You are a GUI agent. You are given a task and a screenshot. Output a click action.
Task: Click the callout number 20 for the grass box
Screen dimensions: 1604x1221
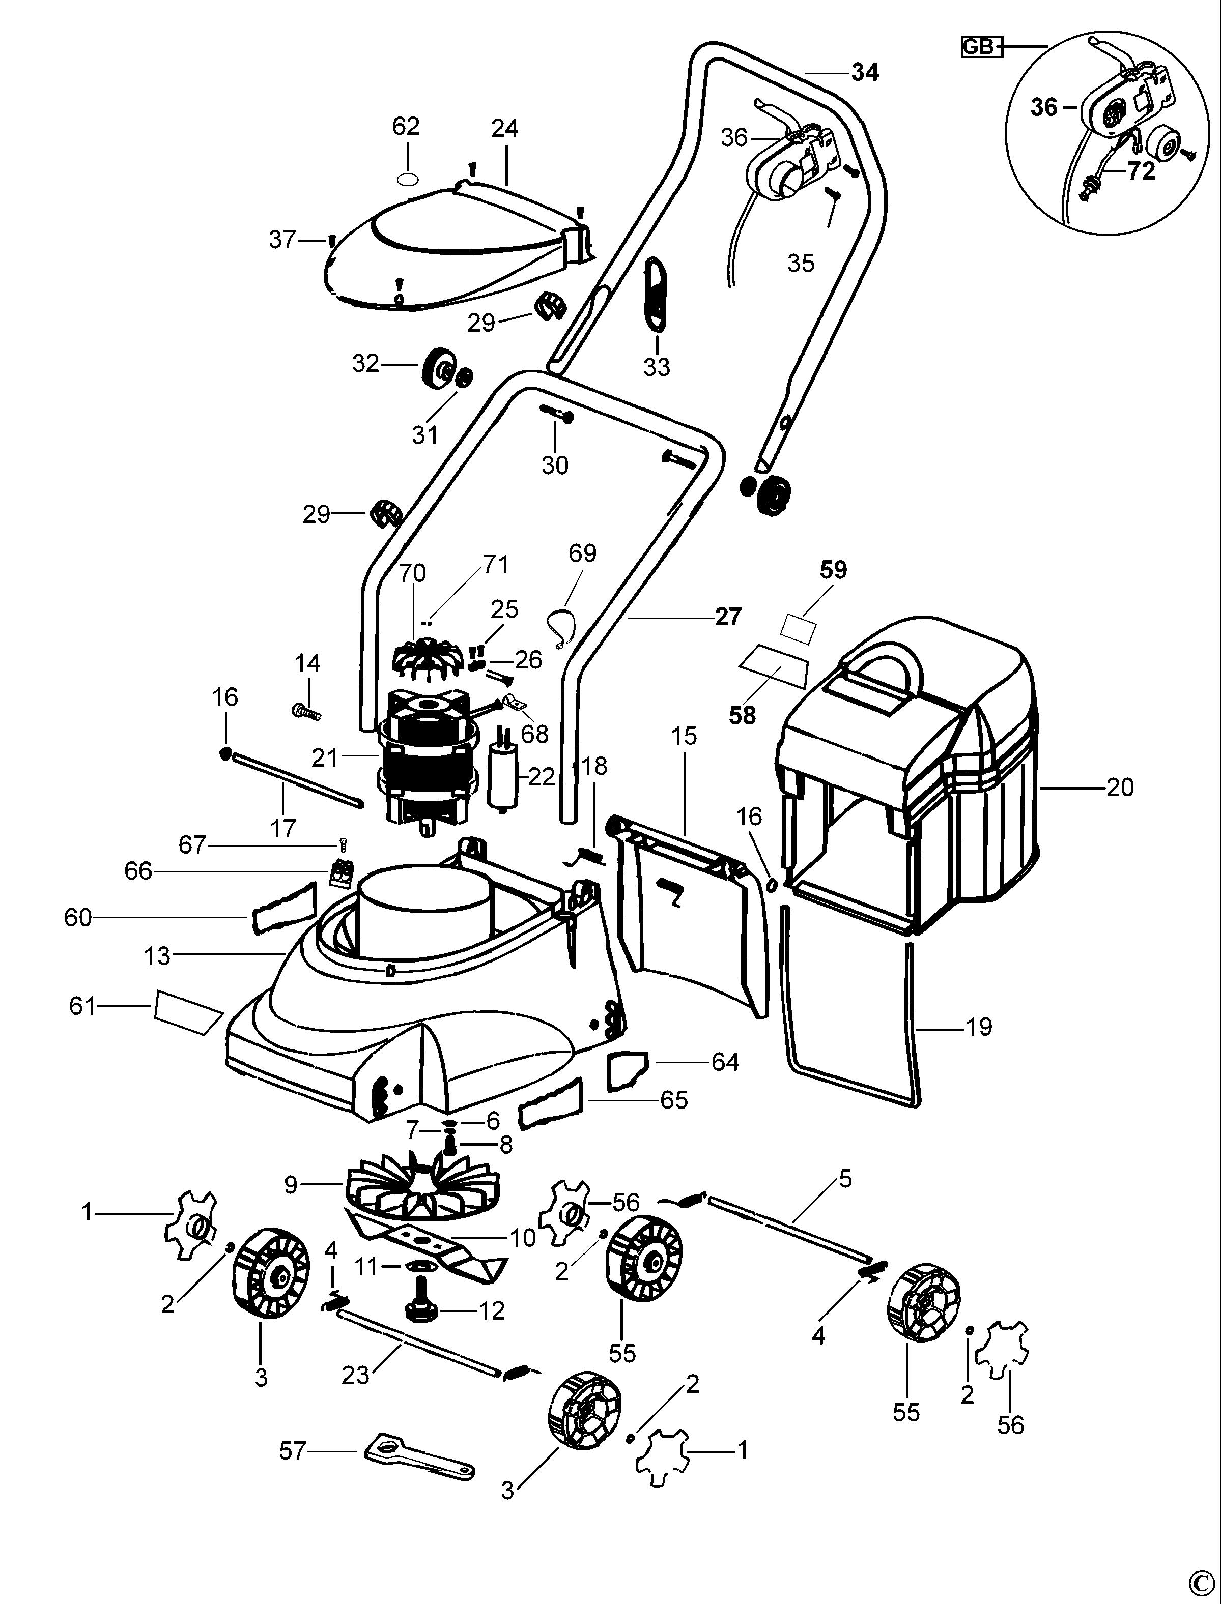point(1119,788)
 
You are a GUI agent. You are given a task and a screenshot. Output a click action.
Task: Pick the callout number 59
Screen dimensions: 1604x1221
point(834,570)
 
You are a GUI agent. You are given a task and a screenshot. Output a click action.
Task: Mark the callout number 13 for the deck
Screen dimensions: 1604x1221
point(157,955)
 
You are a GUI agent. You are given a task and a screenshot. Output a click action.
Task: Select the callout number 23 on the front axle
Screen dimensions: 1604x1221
point(355,1375)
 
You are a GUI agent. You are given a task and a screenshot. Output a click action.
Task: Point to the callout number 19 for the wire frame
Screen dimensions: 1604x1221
point(979,1027)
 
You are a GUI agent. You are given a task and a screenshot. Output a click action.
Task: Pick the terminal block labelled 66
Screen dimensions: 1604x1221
point(339,872)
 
